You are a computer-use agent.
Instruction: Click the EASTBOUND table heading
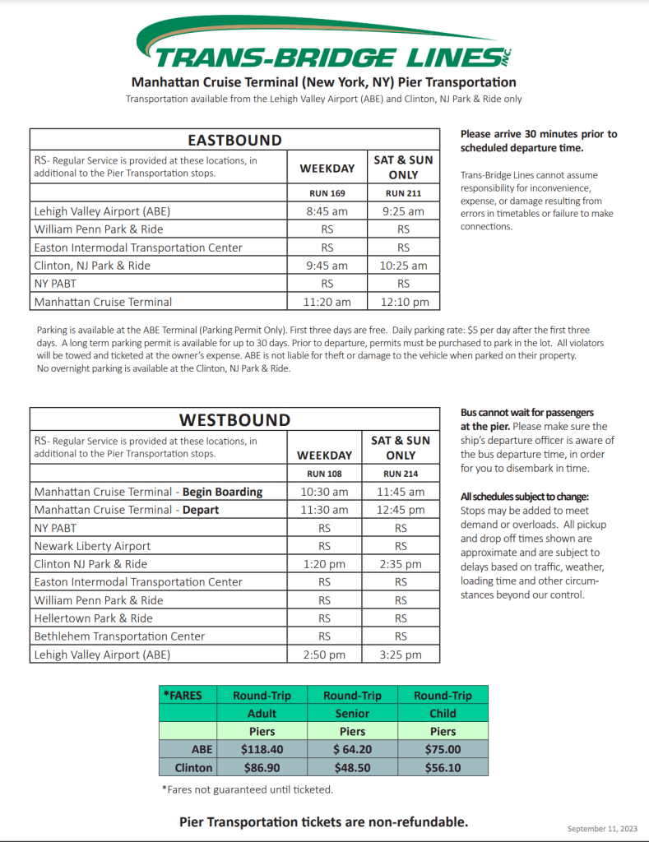click(x=234, y=140)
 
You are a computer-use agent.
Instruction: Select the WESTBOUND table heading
click(x=234, y=419)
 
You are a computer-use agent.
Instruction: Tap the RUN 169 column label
click(x=327, y=193)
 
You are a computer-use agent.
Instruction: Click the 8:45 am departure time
click(x=327, y=211)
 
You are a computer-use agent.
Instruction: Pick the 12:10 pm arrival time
click(x=403, y=302)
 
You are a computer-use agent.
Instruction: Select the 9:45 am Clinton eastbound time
click(x=327, y=266)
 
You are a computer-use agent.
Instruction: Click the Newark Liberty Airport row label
click(x=92, y=546)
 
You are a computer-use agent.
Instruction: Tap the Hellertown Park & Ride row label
click(x=93, y=618)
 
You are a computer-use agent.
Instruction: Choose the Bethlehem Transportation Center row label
click(x=119, y=636)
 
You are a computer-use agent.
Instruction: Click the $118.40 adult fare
click(x=262, y=749)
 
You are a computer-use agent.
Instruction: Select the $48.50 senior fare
click(x=352, y=767)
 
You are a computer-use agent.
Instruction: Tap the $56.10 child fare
click(x=443, y=767)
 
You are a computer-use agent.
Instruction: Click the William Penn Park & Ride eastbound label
click(x=99, y=229)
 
